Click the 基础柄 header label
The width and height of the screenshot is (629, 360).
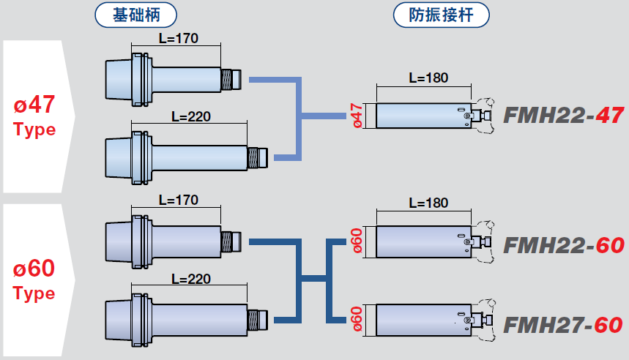click(x=137, y=15)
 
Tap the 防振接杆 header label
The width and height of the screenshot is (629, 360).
click(x=442, y=15)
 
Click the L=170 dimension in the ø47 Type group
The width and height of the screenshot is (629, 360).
click(x=179, y=38)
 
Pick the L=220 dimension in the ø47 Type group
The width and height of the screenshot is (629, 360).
click(x=190, y=116)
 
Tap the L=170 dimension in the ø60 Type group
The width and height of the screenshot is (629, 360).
click(x=179, y=200)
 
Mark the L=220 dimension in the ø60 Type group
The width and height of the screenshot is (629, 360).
click(x=190, y=279)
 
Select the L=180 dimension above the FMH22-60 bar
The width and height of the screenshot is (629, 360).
click(x=428, y=203)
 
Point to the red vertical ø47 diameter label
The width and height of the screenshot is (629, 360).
click(x=357, y=116)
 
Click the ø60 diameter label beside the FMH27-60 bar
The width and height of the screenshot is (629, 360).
click(x=357, y=319)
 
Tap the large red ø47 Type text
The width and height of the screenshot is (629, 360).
click(x=34, y=116)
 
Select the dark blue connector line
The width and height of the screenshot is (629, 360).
click(x=300, y=278)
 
